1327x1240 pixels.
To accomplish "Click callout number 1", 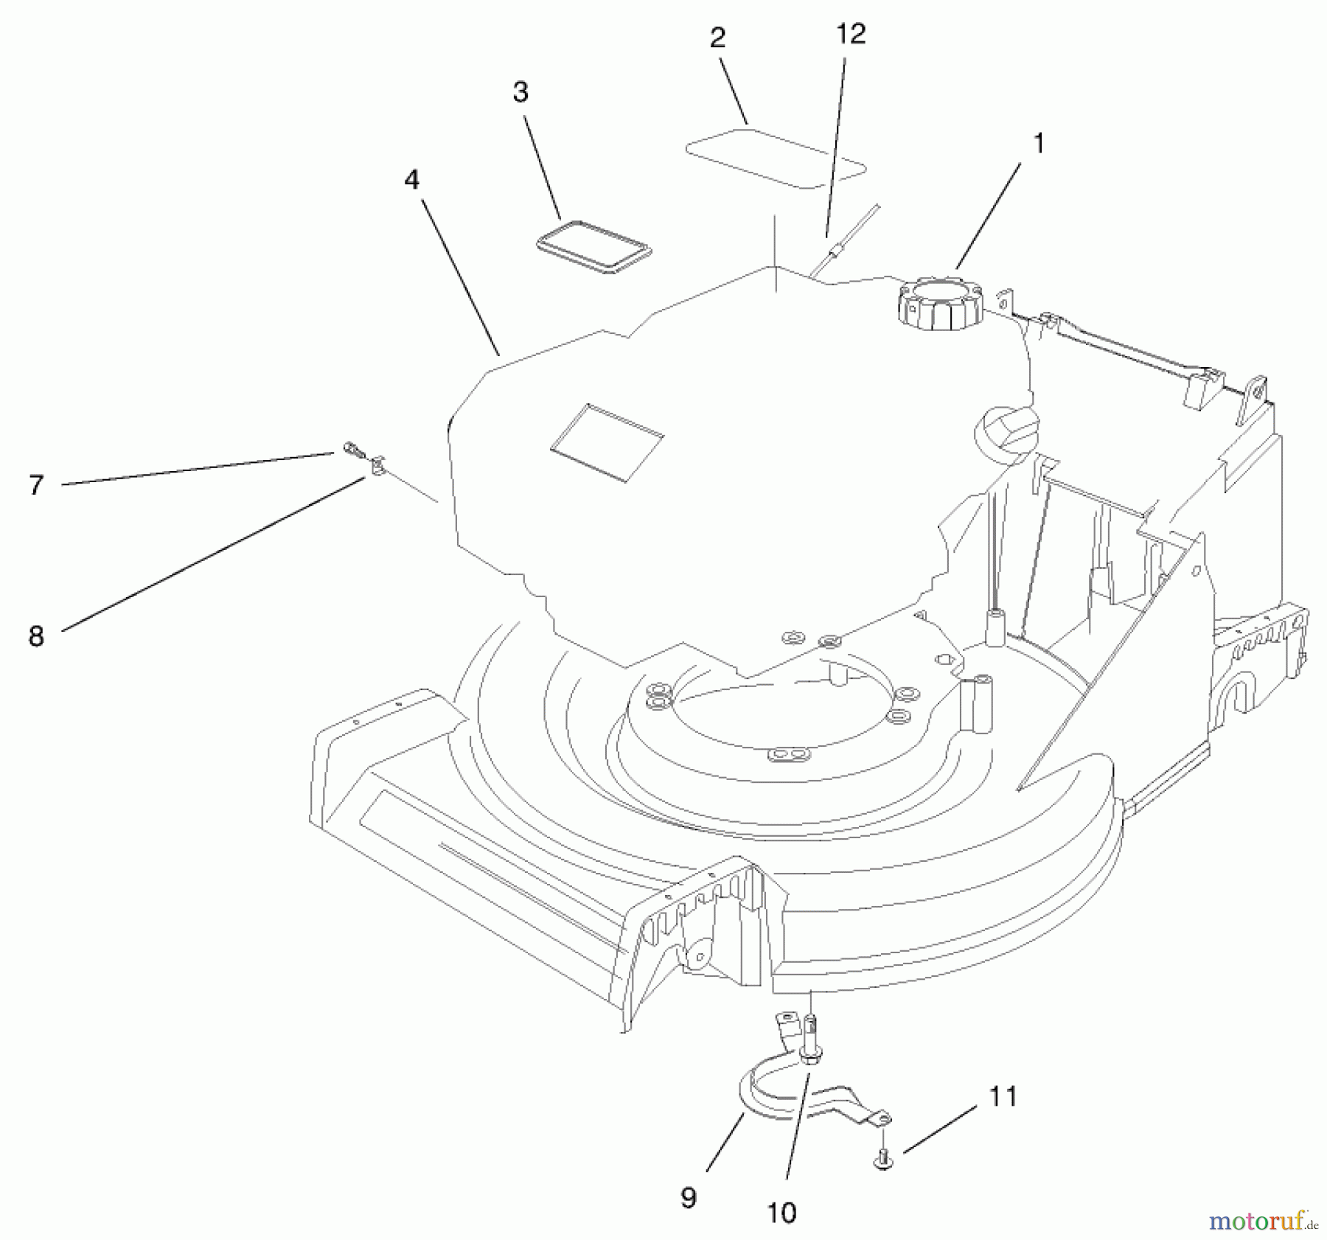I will coord(1039,144).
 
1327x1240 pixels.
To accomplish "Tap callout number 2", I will coord(717,39).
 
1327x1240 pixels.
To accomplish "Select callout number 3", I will coord(520,93).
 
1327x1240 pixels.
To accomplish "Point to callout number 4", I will coord(411,180).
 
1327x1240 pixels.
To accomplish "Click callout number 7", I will coord(36,485).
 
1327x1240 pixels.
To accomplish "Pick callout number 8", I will coord(36,635).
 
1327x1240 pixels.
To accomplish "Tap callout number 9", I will coord(688,1198).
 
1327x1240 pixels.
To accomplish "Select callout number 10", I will coord(781,1213).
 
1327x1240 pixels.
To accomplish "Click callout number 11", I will coord(1003,1096).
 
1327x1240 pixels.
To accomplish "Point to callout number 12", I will coord(851,34).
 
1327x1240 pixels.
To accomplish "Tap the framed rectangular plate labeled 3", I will coord(593,246).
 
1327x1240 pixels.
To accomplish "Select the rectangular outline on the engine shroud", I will coord(606,442).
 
